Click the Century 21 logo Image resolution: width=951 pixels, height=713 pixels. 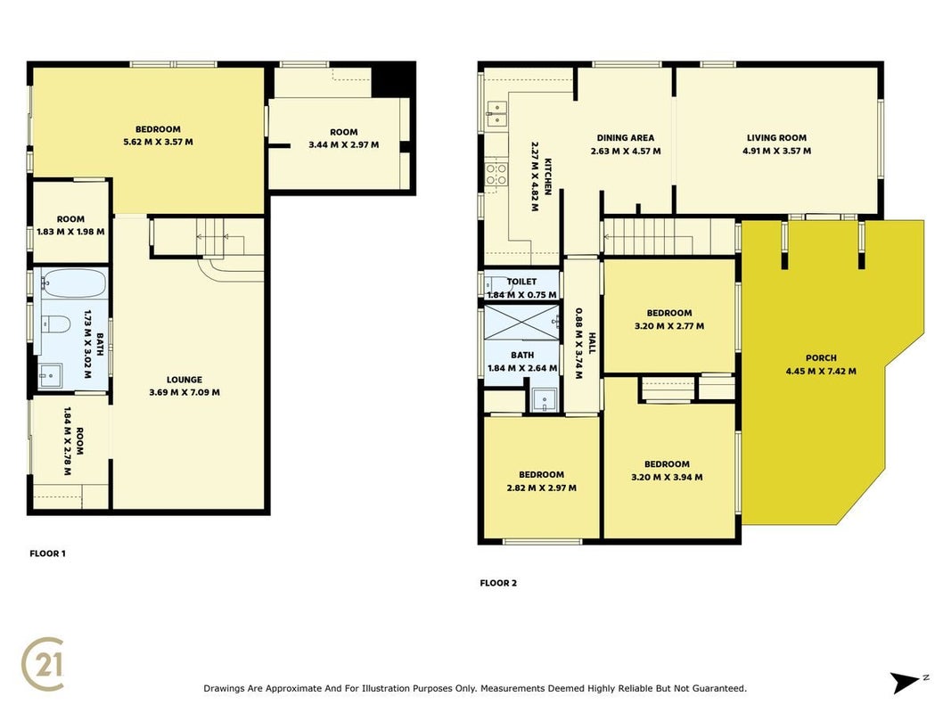pyautogui.click(x=43, y=665)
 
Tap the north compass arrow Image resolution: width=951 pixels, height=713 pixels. pyautogui.click(x=906, y=683)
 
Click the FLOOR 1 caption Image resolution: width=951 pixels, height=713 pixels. pyautogui.click(x=47, y=553)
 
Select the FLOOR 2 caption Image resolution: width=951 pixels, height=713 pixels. pyautogui.click(x=498, y=583)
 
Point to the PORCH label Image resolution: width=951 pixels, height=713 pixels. pyautogui.click(x=821, y=358)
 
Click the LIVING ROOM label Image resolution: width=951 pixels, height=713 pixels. pyautogui.click(x=776, y=138)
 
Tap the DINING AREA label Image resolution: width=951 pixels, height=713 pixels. pyautogui.click(x=626, y=138)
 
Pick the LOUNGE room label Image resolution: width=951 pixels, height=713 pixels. pyautogui.click(x=184, y=381)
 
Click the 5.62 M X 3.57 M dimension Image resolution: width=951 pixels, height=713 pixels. pyautogui.click(x=158, y=143)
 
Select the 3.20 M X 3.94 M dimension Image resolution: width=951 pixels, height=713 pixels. pyautogui.click(x=668, y=478)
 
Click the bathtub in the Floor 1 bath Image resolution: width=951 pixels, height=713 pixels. pyautogui.click(x=73, y=283)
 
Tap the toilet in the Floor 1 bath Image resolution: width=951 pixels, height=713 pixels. pyautogui.click(x=58, y=325)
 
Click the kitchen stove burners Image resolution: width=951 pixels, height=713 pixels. pyautogui.click(x=496, y=174)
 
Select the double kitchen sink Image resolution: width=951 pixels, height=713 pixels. pyautogui.click(x=496, y=114)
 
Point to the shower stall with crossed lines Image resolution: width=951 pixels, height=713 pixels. pyautogui.click(x=521, y=323)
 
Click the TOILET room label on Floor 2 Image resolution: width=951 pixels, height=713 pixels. pyautogui.click(x=521, y=282)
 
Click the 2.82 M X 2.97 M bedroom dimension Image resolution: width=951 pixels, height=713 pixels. pyautogui.click(x=542, y=488)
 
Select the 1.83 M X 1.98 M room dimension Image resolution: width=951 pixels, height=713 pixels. pyautogui.click(x=70, y=233)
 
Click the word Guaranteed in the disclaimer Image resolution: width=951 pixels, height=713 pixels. pyautogui.click(x=720, y=689)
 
